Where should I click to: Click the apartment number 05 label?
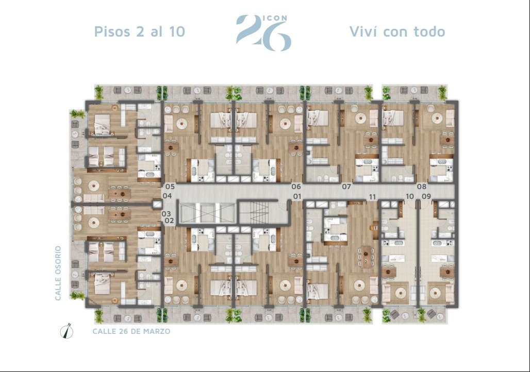click(170, 187)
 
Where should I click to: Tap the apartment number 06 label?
click(296, 187)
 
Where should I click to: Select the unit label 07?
click(346, 187)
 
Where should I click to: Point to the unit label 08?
click(422, 187)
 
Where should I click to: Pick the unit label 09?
click(426, 196)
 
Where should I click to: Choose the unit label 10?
click(410, 196)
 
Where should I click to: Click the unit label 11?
click(372, 197)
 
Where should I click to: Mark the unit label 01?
click(297, 196)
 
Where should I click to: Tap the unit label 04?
click(168, 196)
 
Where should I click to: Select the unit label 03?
click(166, 213)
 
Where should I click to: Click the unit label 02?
click(169, 221)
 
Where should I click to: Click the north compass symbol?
click(67, 331)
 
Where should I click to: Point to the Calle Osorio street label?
click(58, 273)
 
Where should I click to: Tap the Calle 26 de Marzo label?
click(131, 331)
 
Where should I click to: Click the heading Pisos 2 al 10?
click(140, 31)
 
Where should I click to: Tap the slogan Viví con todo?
click(397, 31)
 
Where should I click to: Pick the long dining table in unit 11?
click(367, 257)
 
